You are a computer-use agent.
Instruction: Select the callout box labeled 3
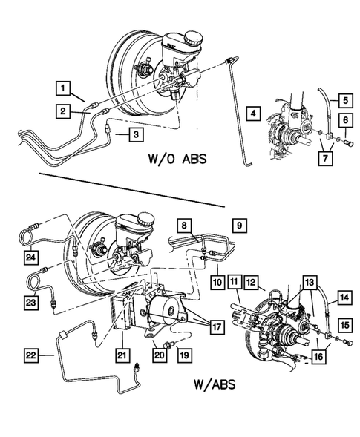[135, 134]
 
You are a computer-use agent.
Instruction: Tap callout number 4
[254, 113]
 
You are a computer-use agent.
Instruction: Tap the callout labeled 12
[252, 283]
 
